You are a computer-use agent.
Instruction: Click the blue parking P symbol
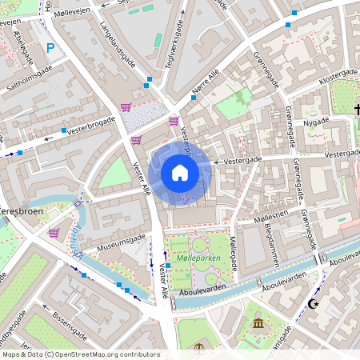coord(51,49)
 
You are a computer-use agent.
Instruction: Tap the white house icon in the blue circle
coord(180,172)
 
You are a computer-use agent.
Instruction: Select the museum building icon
coord(258,322)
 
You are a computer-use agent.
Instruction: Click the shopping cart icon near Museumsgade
coord(54,233)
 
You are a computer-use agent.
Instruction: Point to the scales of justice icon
coord(198,346)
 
